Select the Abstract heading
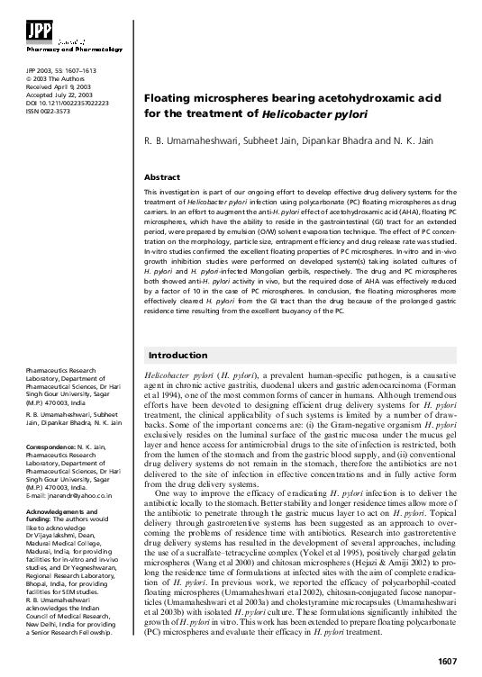click(162, 177)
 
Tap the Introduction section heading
click(177, 356)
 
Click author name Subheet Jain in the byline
click(268, 142)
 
